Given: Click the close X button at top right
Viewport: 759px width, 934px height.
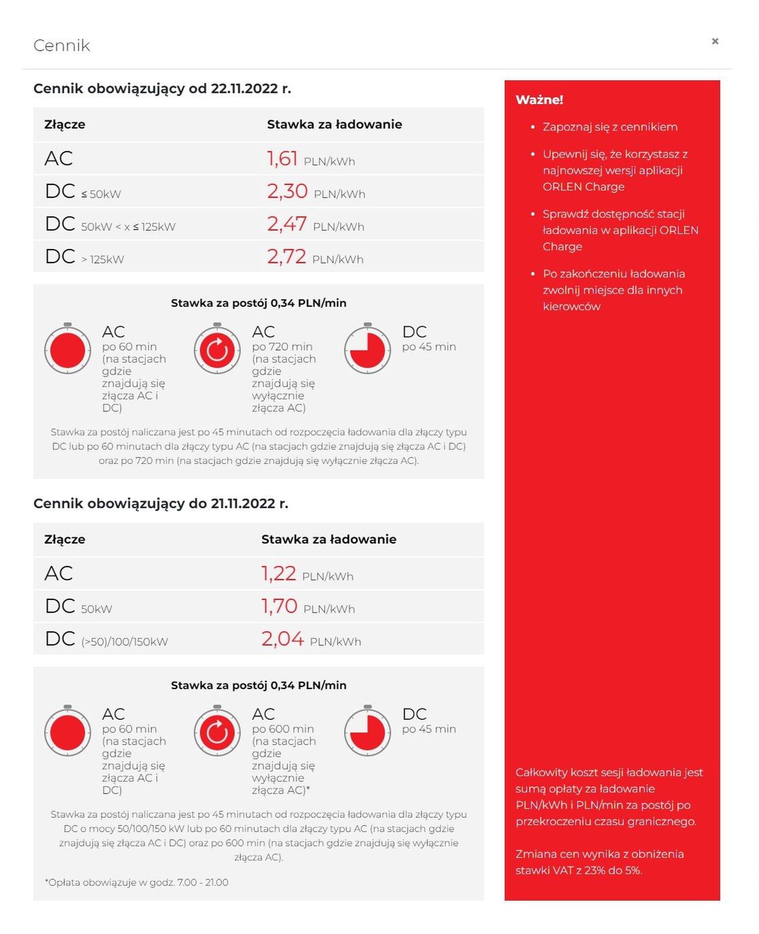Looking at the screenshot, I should pos(715,41).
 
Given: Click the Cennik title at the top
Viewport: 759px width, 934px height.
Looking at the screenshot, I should pos(62,46).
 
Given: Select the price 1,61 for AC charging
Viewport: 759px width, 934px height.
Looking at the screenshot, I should pos(282,159).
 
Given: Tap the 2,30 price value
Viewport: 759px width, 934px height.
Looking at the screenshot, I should pos(287,191).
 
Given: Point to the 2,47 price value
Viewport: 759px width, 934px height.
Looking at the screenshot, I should pos(286,224).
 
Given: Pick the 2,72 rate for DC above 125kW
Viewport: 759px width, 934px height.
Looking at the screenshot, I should pos(286,256).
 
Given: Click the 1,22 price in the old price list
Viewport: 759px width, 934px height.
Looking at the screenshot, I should pos(279,573).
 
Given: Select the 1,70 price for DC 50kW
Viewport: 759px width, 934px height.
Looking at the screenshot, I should pos(280,606).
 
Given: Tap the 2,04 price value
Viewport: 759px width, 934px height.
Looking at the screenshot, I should pos(282,639).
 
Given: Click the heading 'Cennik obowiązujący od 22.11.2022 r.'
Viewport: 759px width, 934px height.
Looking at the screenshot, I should pos(162,88).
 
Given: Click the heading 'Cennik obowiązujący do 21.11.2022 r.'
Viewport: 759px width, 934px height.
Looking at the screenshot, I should pos(161,503).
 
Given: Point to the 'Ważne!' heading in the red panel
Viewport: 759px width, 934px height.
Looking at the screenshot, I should pos(539,100).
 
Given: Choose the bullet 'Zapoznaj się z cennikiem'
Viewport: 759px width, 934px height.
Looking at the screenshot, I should pos(609,127).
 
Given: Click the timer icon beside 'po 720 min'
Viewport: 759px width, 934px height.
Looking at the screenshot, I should pos(218,350).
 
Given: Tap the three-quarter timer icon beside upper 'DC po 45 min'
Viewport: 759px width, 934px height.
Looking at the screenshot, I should pos(367,350).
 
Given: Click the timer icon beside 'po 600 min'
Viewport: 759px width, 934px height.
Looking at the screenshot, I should pos(218,732).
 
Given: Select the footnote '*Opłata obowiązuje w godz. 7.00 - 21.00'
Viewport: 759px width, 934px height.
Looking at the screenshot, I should pos(137,882).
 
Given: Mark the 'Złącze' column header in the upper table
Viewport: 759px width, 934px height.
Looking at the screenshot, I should pos(65,124).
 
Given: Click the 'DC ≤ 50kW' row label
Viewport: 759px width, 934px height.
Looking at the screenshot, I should pos(83,192).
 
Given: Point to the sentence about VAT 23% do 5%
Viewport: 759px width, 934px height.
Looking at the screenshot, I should pos(599,862).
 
